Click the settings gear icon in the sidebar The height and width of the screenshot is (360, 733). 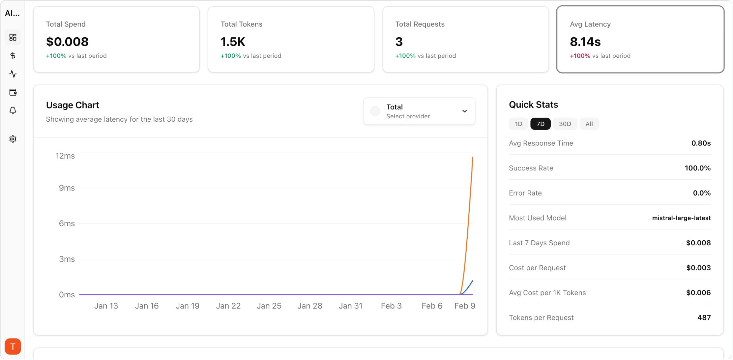[x=13, y=139]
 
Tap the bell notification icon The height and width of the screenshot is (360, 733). [x=13, y=110]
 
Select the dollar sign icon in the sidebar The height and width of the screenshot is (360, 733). [x=13, y=56]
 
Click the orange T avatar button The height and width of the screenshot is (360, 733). [x=13, y=346]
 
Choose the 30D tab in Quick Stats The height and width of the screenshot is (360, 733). [x=565, y=124]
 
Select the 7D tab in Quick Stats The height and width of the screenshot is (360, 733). [x=540, y=124]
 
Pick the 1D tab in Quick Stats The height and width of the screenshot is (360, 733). [x=518, y=124]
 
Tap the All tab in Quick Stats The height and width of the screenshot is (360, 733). [x=589, y=124]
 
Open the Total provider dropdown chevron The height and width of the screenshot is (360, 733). [x=464, y=111]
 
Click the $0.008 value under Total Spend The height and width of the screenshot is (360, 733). [x=67, y=42]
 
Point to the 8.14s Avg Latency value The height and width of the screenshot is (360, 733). [x=585, y=42]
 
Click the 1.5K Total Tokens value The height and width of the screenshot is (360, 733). [x=233, y=42]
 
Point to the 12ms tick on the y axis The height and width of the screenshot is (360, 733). [x=65, y=156]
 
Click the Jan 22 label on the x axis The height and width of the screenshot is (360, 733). [x=228, y=306]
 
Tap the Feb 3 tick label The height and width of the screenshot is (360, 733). [x=391, y=306]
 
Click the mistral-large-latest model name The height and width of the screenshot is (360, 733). [x=681, y=218]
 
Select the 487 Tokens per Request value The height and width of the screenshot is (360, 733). [x=704, y=317]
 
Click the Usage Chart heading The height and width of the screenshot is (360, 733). [x=73, y=105]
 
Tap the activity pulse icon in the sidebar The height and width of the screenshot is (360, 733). [x=13, y=74]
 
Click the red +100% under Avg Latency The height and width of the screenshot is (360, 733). [x=580, y=56]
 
